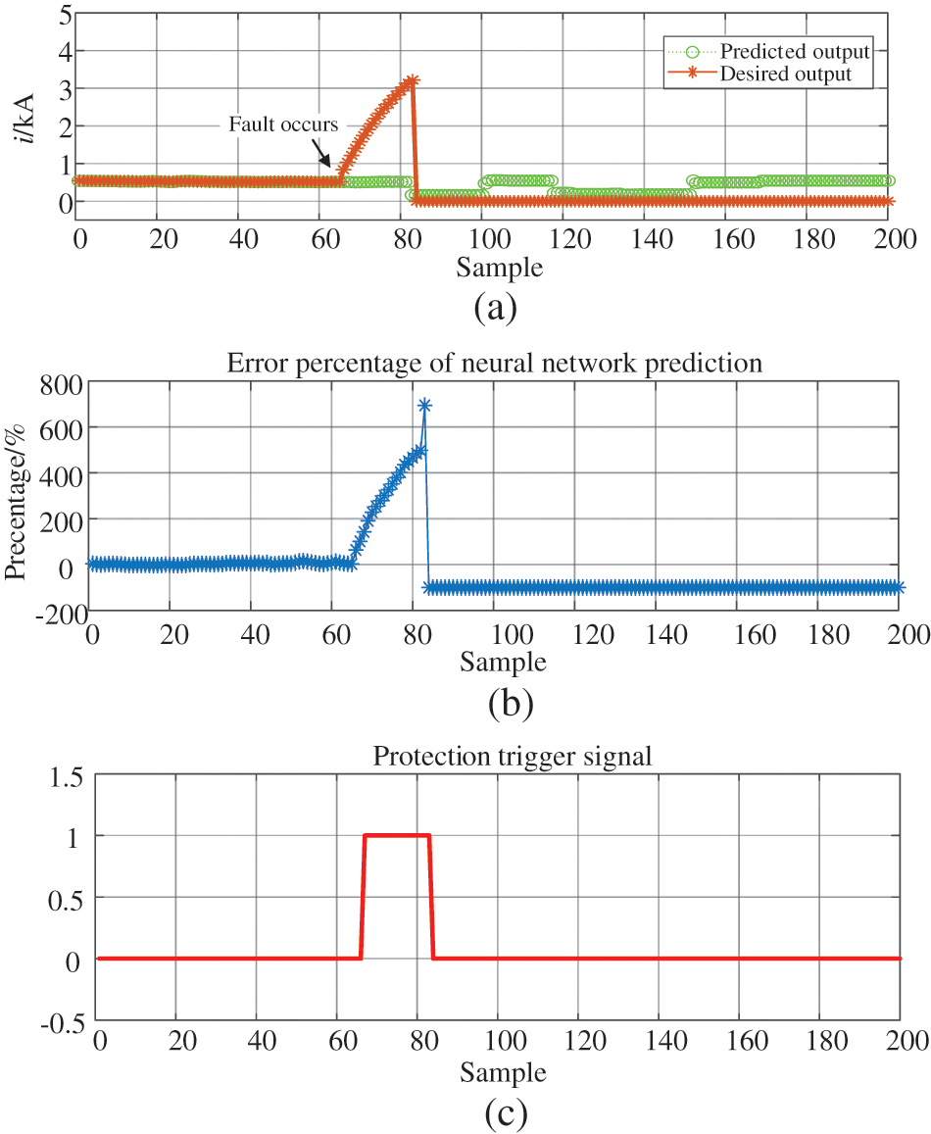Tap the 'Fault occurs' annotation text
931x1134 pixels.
click(283, 124)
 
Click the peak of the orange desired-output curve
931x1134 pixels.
click(413, 81)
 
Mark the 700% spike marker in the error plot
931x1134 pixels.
click(424, 405)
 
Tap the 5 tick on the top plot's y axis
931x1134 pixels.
click(64, 14)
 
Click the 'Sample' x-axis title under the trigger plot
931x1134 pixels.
click(503, 1073)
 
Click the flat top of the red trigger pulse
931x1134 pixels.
click(397, 835)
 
